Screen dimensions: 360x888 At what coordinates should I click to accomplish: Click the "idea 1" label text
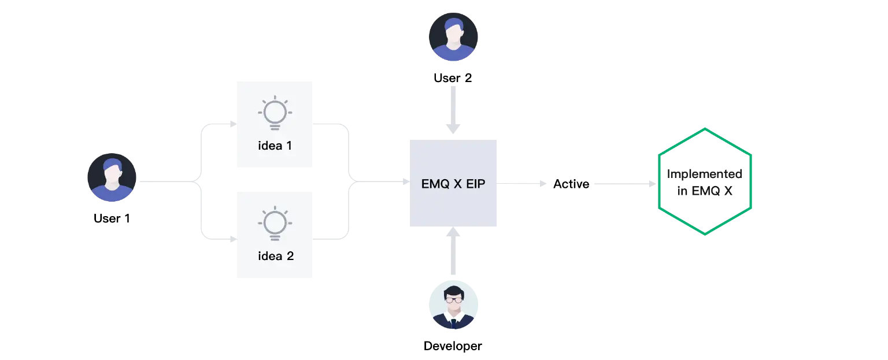pyautogui.click(x=275, y=146)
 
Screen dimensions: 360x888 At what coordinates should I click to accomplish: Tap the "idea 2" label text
pyautogui.click(x=275, y=255)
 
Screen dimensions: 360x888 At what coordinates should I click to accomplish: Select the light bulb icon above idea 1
pyautogui.click(x=275, y=112)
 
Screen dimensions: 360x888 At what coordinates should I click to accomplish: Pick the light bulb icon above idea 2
pyautogui.click(x=275, y=222)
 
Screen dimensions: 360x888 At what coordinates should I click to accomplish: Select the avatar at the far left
pyautogui.click(x=112, y=177)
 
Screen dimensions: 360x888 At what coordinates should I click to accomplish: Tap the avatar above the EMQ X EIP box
pyautogui.click(x=454, y=36)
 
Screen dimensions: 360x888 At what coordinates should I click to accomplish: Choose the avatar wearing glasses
pyautogui.click(x=453, y=304)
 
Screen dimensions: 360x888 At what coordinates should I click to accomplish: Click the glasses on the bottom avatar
pyautogui.click(x=453, y=300)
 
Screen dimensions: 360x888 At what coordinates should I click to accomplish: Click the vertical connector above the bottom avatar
pyautogui.click(x=453, y=254)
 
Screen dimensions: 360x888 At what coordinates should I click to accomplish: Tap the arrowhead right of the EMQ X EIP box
pyautogui.click(x=542, y=183)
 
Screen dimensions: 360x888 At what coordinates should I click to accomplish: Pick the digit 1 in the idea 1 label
pyautogui.click(x=288, y=146)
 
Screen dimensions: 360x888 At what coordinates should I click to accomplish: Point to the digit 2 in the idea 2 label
pyautogui.click(x=290, y=255)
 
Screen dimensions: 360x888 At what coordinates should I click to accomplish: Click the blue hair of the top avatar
pyautogui.click(x=454, y=25)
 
